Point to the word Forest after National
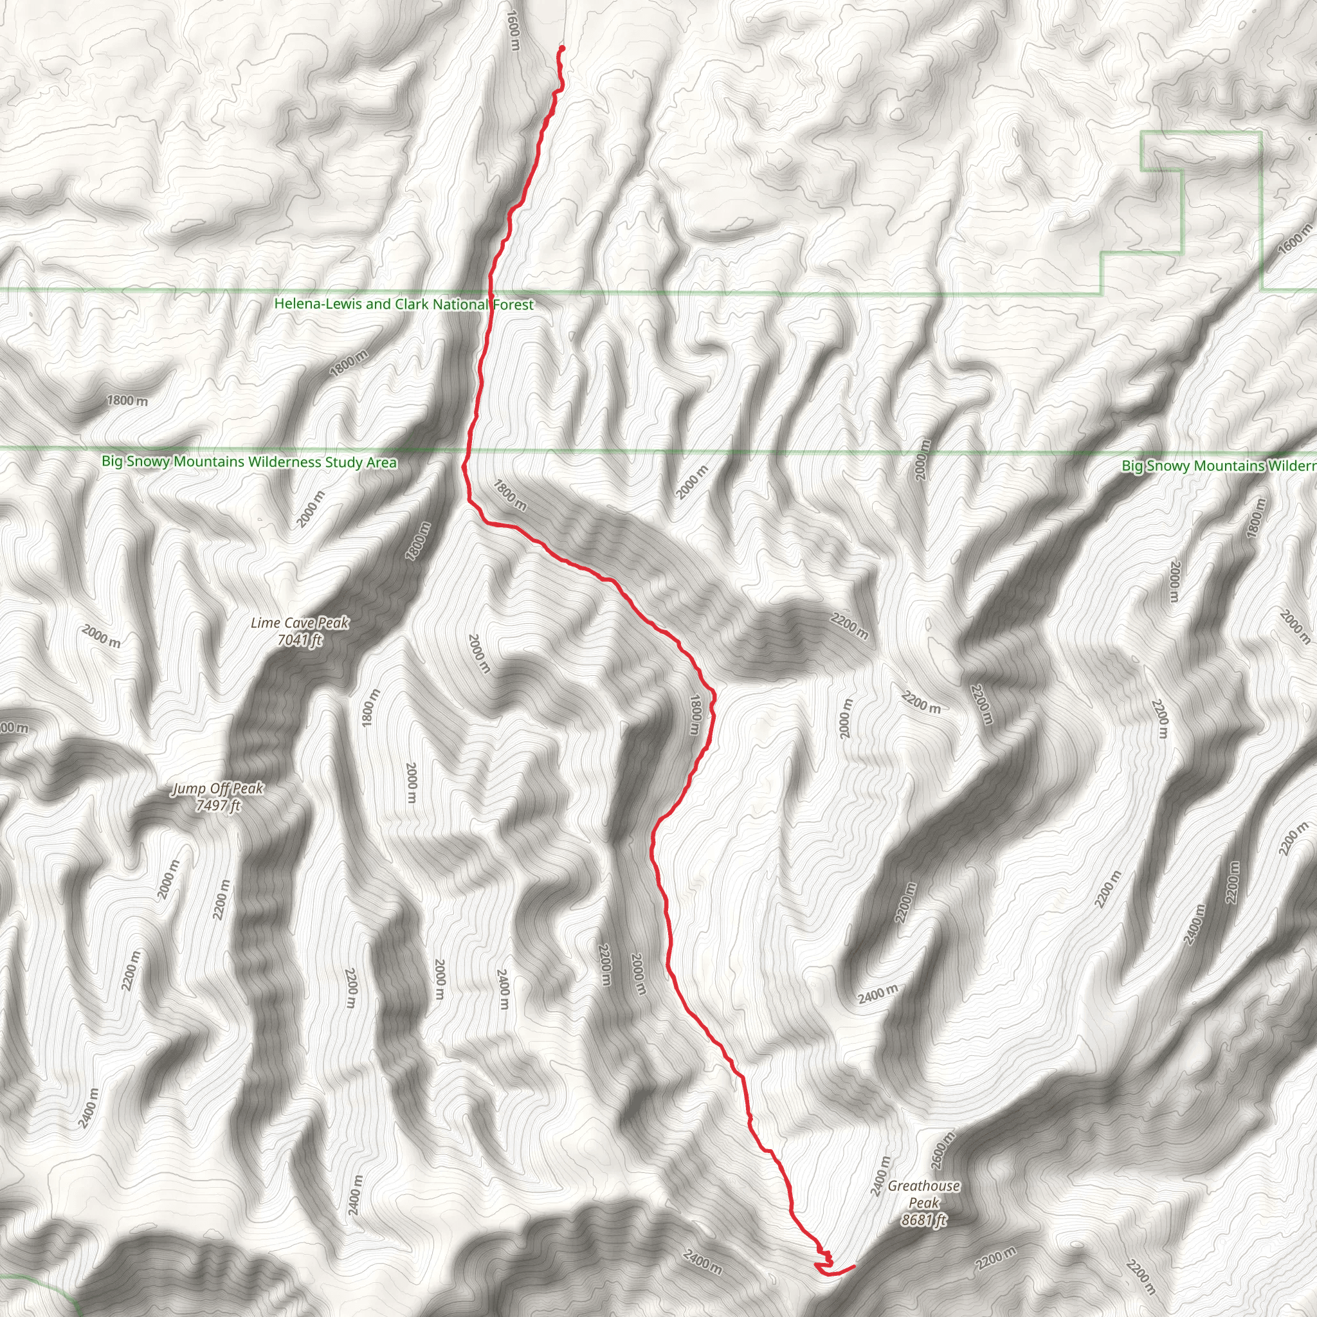pyautogui.click(x=513, y=305)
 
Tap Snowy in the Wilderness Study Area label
pyautogui.click(x=149, y=462)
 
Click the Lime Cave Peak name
pyautogui.click(x=299, y=622)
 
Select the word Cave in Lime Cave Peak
pyautogui.click(x=299, y=622)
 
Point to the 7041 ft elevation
pyautogui.click(x=299, y=639)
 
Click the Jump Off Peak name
pyautogui.click(x=217, y=788)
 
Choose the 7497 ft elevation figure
pyautogui.click(x=217, y=806)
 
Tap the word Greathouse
pyautogui.click(x=923, y=1186)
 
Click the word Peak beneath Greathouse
pyautogui.click(x=923, y=1203)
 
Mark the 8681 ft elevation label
pyautogui.click(x=923, y=1220)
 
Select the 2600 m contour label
pyautogui.click(x=943, y=1152)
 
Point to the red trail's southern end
pyautogui.click(x=854, y=1266)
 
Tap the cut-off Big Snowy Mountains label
pyautogui.click(x=1218, y=466)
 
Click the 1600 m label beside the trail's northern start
pyautogui.click(x=513, y=32)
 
